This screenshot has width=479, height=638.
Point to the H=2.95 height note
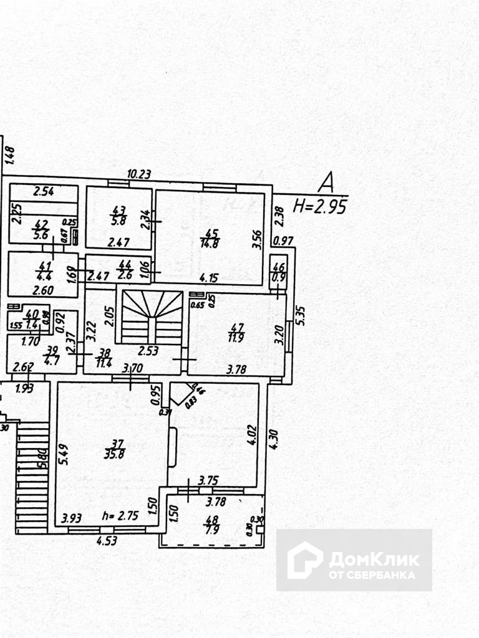coord(320,206)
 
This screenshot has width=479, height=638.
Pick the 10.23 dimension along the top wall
coord(139,174)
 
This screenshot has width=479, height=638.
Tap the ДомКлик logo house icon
coord(304,559)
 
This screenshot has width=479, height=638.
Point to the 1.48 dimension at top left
coord(9,155)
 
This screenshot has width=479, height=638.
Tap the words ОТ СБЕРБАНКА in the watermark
coord(372,574)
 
